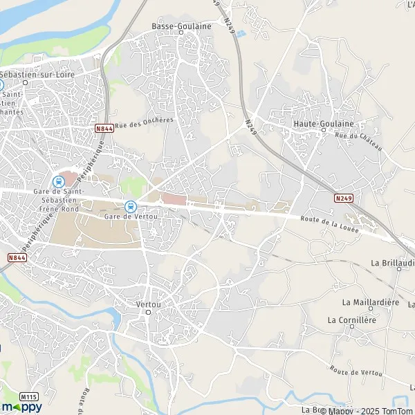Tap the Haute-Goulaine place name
click(324, 123)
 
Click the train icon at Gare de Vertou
click(130, 205)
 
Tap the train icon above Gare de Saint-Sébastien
click(59, 181)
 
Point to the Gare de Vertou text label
click(129, 216)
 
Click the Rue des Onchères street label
click(145, 122)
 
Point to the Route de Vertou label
click(356, 371)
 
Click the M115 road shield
click(28, 396)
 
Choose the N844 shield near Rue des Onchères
click(104, 128)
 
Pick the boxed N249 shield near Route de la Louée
click(343, 198)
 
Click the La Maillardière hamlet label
click(371, 302)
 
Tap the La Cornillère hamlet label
click(353, 320)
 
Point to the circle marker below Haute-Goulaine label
click(323, 131)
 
